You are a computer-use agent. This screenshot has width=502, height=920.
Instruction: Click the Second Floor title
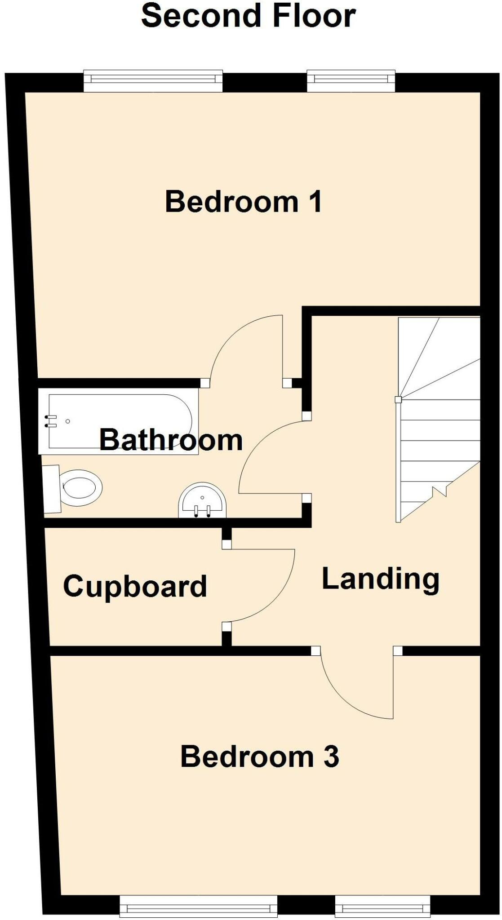(x=248, y=16)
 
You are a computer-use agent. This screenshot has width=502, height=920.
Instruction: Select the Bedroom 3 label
(x=259, y=756)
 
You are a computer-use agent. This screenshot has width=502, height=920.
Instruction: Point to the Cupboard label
(x=135, y=586)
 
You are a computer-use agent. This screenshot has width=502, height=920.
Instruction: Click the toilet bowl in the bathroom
(x=82, y=487)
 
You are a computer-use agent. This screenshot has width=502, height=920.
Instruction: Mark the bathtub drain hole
(x=68, y=421)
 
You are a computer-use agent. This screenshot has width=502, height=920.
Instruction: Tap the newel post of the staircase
(x=398, y=399)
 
